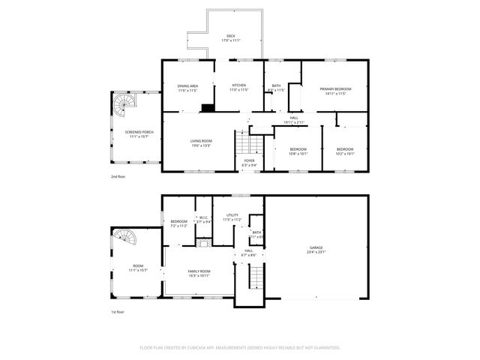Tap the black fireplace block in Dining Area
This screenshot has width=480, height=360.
click(x=205, y=107)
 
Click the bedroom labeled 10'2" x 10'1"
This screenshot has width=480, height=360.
click(x=344, y=151)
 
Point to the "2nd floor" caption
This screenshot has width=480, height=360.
click(x=118, y=178)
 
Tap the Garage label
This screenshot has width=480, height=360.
click(x=316, y=250)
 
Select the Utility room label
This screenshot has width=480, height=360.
click(x=232, y=217)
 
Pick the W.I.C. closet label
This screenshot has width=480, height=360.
click(x=203, y=219)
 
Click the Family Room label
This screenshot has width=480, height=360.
click(x=199, y=272)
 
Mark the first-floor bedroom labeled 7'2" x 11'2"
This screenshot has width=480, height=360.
click(x=178, y=223)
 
